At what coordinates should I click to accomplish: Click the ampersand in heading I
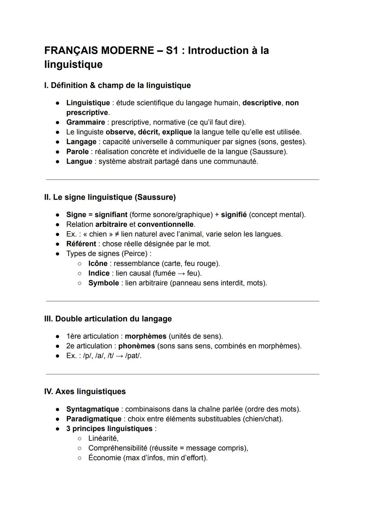pyautogui.click(x=93, y=85)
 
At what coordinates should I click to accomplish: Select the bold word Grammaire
pyautogui.click(x=85, y=122)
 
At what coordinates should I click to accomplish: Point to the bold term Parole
pyautogui.click(x=77, y=152)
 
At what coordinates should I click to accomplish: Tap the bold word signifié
pyautogui.click(x=234, y=215)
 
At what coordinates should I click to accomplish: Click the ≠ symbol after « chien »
pyautogui.click(x=117, y=234)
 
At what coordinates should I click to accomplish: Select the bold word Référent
pyautogui.click(x=81, y=244)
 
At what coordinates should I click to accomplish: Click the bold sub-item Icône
pyautogui.click(x=98, y=263)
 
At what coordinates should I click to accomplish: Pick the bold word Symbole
pyautogui.click(x=103, y=283)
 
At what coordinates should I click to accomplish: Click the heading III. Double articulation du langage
pyautogui.click(x=108, y=319)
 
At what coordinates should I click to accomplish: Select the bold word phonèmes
pyautogui.click(x=136, y=346)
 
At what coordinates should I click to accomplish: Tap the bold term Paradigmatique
pyautogui.click(x=94, y=419)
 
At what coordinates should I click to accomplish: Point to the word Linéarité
pyautogui.click(x=103, y=438)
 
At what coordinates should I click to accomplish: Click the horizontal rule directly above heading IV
pyautogui.click(x=182, y=374)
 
